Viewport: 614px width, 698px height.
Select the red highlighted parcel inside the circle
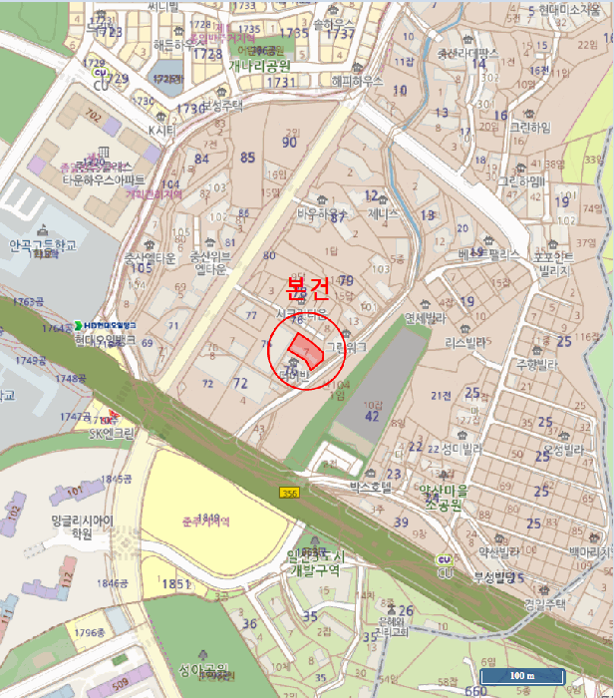click(x=304, y=351)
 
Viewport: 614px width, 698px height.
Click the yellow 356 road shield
click(x=288, y=494)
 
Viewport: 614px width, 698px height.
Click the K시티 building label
click(x=160, y=130)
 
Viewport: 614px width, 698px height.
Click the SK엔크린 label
click(x=110, y=434)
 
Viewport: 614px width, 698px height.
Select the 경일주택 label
click(x=544, y=603)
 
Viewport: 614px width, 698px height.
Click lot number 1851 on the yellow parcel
click(x=174, y=584)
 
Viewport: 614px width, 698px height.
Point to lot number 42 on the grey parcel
click(x=372, y=417)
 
